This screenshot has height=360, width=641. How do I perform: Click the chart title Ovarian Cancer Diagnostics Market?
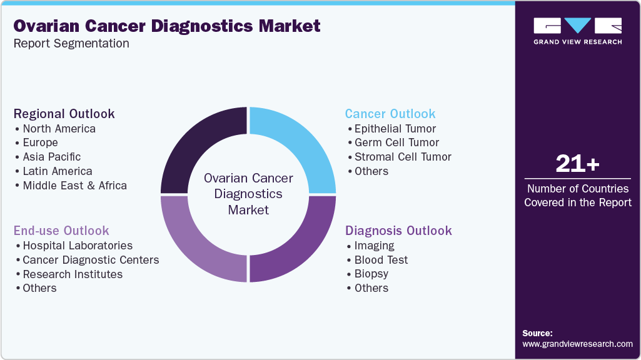167,26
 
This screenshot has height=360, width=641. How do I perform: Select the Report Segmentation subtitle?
71,44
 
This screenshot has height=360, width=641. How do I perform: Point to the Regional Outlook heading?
64,114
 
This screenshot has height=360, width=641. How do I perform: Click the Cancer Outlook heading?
390,114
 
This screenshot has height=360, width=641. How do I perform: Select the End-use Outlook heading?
61,231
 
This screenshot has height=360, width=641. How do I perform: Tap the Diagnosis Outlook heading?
398,231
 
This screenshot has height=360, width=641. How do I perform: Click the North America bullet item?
59,129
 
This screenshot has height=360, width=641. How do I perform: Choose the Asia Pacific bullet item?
51,157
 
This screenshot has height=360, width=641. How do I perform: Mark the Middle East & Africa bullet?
74,185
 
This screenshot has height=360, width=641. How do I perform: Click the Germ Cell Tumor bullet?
396,142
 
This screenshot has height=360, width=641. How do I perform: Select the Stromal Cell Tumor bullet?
403,157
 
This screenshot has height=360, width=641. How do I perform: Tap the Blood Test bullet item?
381,260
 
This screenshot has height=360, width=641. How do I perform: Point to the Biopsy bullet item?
371,274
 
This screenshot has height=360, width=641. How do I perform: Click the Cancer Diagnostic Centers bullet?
91,260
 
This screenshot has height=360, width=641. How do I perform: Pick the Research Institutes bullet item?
73,274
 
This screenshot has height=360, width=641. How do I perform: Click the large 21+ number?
577,164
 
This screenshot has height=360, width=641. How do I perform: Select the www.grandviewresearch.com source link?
577,344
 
